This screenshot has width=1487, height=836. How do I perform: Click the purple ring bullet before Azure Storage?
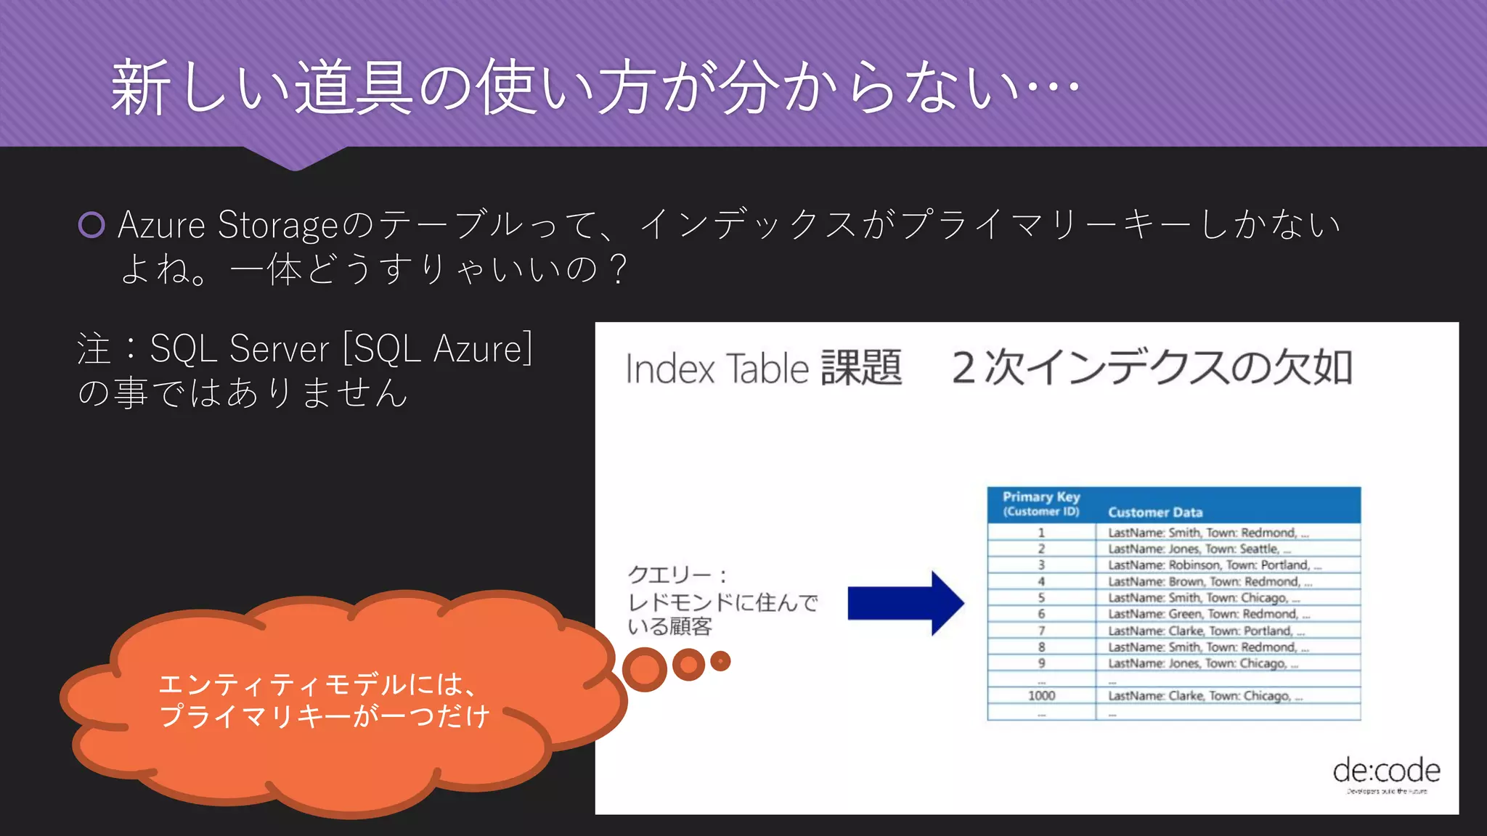pos(91,225)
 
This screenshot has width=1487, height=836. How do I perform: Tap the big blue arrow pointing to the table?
pos(905,603)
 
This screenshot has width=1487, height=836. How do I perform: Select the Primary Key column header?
pos(1041,504)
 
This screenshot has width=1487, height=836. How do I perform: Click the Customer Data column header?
pos(1154,512)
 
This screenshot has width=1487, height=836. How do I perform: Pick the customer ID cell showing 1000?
pos(1041,696)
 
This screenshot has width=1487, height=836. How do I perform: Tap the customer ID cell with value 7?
pos(1041,631)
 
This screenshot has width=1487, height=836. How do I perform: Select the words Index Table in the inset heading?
pos(717,369)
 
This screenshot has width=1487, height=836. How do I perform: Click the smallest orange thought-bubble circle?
pos(720,661)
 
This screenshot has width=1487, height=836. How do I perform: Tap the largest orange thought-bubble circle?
pos(644,669)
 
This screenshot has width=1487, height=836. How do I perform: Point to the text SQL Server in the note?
pos(239,349)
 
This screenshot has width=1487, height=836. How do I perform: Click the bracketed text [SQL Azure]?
pos(438,349)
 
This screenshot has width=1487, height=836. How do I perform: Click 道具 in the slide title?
pos(353,89)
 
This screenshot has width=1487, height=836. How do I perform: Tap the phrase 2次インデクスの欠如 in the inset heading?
pos(1152,368)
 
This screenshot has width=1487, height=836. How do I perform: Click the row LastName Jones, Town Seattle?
pos(1199,549)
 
